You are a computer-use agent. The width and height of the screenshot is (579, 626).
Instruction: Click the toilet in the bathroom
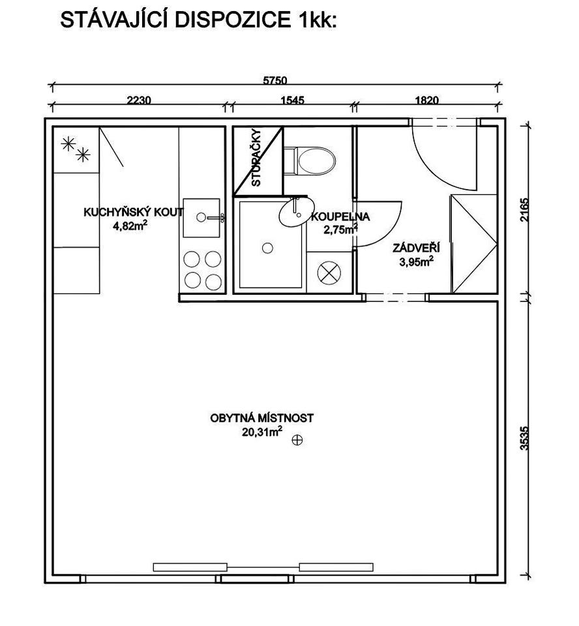point(310,161)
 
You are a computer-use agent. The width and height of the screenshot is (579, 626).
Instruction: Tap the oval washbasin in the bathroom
point(296,213)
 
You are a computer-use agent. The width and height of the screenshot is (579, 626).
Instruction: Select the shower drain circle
point(267,248)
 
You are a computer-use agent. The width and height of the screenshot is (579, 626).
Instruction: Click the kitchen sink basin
point(201,218)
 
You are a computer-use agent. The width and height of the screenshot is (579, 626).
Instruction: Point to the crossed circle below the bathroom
point(329,273)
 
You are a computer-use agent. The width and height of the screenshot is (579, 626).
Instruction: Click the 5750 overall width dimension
point(275,80)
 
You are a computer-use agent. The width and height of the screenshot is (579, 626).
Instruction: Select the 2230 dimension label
point(139,99)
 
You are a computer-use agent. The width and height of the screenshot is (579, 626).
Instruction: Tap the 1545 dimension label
point(293,99)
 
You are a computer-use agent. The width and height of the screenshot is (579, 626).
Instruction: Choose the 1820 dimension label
point(427,99)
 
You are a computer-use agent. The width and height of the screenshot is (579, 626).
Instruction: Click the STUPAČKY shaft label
point(256,158)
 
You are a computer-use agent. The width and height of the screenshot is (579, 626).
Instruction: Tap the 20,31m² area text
point(261,431)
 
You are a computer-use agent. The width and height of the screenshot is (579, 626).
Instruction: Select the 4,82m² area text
point(130,226)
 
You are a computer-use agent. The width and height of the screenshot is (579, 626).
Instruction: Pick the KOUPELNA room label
point(340,216)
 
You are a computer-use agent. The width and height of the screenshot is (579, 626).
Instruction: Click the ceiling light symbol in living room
point(297,440)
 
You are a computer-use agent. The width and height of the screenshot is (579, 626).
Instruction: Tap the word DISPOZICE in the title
point(233,20)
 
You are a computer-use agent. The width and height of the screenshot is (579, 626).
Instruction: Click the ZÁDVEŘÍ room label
point(416,248)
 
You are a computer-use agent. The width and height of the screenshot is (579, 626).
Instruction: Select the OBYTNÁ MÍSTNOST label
point(261,418)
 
